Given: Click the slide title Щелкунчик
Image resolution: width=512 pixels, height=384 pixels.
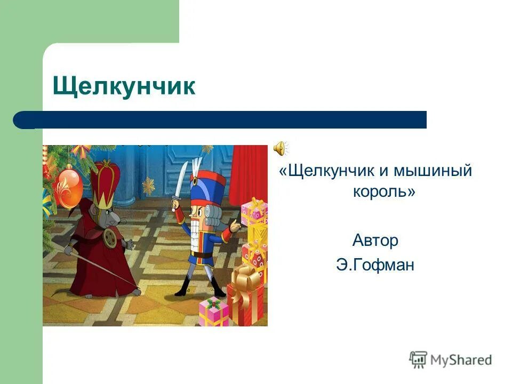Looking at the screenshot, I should (x=124, y=87).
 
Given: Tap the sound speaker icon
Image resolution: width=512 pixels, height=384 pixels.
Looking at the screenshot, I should (x=281, y=147).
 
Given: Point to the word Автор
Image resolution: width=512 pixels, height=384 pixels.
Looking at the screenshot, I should (x=375, y=241).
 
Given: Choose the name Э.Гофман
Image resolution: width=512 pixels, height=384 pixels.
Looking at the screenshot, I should (x=375, y=265).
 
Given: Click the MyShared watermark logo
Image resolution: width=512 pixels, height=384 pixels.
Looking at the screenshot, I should (x=451, y=359).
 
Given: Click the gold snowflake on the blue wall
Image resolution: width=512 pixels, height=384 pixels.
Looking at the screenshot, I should (x=148, y=186).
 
